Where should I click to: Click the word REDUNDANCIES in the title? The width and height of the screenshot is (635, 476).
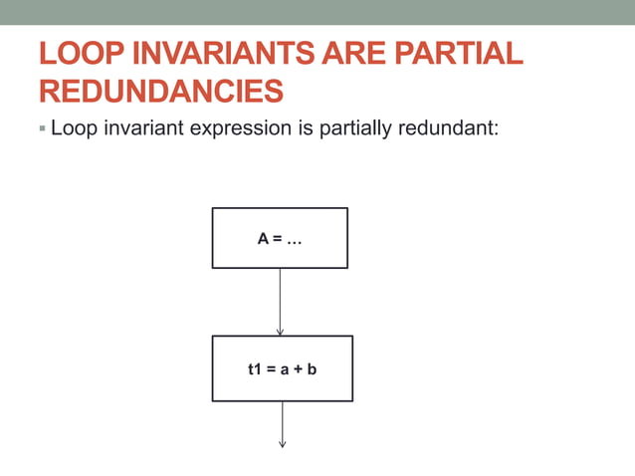161,92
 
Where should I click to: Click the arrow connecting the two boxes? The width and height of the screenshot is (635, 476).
280,302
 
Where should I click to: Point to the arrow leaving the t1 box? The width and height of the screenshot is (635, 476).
283,424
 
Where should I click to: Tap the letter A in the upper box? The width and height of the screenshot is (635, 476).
263,239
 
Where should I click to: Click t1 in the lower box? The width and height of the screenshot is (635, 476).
254,369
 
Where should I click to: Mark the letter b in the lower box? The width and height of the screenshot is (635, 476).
312,369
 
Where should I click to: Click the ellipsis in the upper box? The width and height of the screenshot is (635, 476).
295,239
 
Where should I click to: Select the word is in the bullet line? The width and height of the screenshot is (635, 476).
306,128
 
